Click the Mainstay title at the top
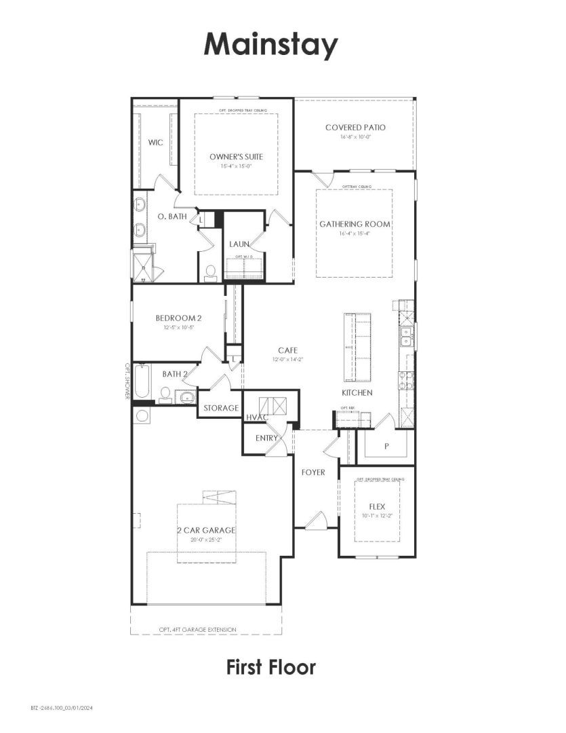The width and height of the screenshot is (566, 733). point(270,45)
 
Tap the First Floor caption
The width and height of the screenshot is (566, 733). point(270,666)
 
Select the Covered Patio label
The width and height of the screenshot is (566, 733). point(355,128)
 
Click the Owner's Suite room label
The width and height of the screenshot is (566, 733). point(236,157)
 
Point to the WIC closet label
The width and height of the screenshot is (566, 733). point(155,143)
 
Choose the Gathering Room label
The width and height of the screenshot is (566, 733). point(355,224)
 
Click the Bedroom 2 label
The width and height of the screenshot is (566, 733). point(178,318)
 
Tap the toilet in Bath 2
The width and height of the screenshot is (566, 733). point(165,395)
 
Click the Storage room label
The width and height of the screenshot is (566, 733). point(221,408)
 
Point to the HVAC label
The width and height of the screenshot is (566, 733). point(256,417)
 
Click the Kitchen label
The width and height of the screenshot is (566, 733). point(357,392)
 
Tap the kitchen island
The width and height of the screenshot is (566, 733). point(357,347)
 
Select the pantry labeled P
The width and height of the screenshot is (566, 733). point(386,446)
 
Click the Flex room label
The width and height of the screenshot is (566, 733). point(377,506)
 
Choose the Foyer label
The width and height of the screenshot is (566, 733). point(313,472)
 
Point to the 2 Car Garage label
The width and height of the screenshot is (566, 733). point(207,530)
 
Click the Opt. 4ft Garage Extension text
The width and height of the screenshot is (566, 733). point(198,630)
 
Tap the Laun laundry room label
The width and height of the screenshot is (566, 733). point(239,244)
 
